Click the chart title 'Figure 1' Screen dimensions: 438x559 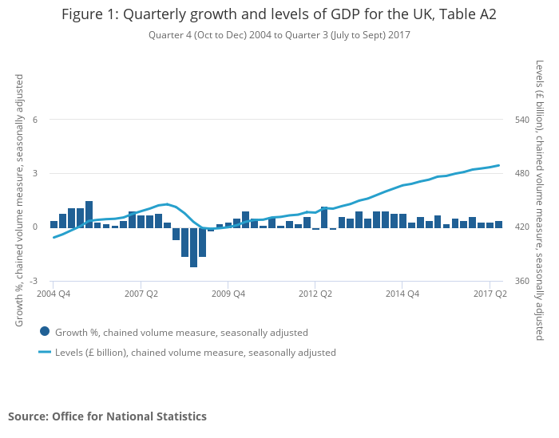click(279, 14)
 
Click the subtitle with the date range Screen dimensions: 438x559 click(279, 35)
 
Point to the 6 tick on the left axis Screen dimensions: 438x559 click(34, 120)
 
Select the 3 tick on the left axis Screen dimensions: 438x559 click(34, 173)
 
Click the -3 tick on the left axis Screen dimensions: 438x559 click(33, 281)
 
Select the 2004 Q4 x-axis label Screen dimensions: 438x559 click(54, 294)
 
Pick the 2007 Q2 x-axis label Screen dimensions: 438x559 click(141, 294)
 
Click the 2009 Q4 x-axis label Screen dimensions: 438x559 click(228, 294)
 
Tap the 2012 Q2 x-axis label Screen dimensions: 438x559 click(315, 294)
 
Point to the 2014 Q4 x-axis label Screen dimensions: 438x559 click(402, 294)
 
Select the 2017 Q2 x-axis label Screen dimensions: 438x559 click(490, 294)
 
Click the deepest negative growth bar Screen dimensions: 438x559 click(193, 247)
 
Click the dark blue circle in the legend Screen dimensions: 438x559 click(45, 332)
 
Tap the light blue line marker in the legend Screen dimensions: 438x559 click(45, 352)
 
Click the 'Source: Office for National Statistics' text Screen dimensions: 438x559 click(107, 416)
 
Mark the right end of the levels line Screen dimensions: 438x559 click(499, 165)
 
